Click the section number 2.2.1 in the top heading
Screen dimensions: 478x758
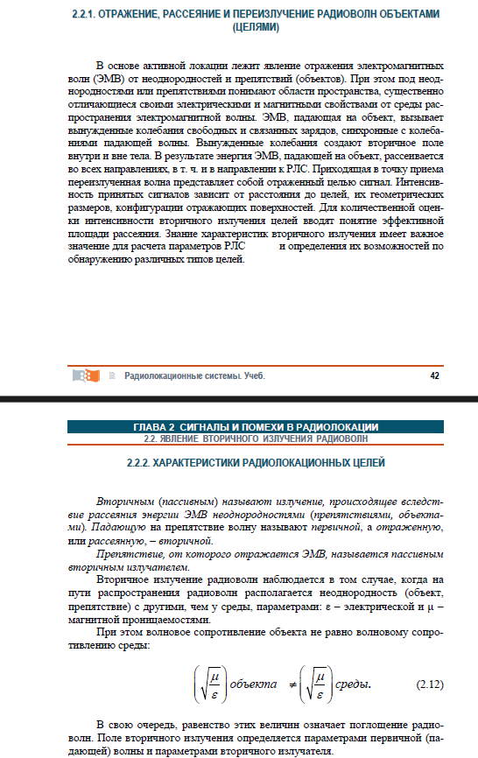coord(84,16)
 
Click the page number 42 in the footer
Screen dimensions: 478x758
coord(434,375)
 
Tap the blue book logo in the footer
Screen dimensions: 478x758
coord(86,375)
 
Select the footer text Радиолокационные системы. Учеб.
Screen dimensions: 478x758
coord(194,375)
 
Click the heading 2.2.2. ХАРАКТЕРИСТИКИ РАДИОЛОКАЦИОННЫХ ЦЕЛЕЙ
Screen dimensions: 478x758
coord(256,462)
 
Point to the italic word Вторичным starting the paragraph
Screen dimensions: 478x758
coord(123,502)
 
